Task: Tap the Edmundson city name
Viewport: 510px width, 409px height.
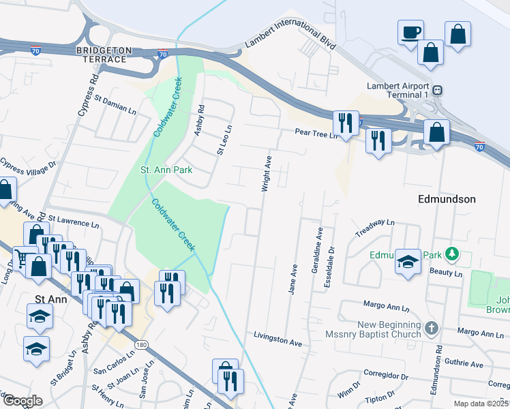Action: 446,199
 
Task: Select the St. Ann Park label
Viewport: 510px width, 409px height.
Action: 166,170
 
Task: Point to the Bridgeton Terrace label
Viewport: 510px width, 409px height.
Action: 102,55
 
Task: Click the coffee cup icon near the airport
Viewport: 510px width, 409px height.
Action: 410,32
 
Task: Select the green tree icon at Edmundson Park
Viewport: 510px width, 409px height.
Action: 451,255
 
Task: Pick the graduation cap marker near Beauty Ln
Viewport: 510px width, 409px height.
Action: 408,262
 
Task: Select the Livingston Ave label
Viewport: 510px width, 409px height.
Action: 277,337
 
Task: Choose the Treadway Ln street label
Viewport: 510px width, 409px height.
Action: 375,228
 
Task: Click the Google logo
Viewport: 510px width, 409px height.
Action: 22,401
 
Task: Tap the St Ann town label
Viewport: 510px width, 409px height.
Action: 50,298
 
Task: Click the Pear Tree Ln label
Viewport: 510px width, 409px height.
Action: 316,133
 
